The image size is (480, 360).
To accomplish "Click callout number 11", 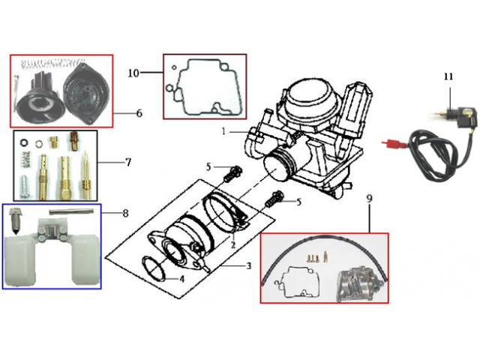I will [x=448, y=76].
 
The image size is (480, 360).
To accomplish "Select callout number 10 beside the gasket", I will [x=133, y=73].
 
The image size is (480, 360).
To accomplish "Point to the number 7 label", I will [x=128, y=161].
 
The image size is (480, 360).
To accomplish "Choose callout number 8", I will [x=125, y=213].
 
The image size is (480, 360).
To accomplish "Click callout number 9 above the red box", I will [x=369, y=201].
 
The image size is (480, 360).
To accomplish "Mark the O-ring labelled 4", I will [x=154, y=266].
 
